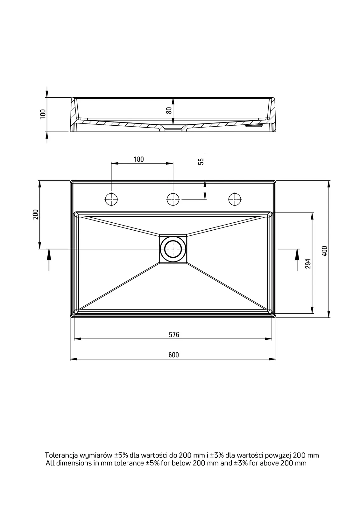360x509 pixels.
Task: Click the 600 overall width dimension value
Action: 173,355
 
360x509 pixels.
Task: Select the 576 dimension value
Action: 174,335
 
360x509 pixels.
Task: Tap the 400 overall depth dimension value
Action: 324,251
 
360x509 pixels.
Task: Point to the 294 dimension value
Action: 308,264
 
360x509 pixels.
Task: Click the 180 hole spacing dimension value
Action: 138,159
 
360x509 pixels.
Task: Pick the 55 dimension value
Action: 201,161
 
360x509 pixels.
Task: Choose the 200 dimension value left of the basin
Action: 35,214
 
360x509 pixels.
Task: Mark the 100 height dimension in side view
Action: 43,114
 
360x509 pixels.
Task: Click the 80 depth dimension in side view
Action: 169,110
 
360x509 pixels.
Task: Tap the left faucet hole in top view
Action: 111,199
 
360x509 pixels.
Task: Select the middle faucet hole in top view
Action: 173,199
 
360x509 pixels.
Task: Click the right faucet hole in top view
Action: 235,199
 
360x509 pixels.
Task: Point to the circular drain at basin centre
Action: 173,249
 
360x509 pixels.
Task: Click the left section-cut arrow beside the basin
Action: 49,259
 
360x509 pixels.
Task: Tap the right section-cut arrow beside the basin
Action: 297,259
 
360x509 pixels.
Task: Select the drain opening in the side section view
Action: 173,129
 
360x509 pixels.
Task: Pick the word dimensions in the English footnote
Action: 74,463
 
